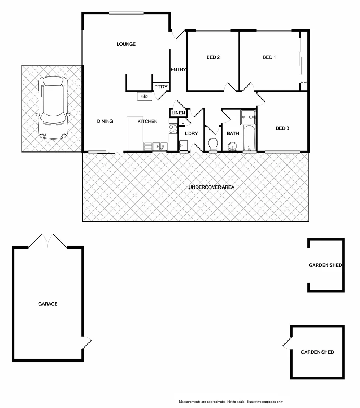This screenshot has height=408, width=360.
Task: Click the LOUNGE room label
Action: (x=126, y=44)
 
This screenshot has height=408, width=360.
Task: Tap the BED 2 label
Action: (x=213, y=57)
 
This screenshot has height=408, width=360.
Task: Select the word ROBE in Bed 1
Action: (x=304, y=82)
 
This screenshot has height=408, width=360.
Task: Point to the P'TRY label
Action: (x=161, y=87)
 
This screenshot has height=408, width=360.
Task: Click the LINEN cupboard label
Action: (x=178, y=113)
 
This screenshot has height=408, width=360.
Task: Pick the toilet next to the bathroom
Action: (x=213, y=144)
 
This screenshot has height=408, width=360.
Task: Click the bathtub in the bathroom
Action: (x=250, y=138)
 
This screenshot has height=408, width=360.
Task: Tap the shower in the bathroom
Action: (x=248, y=117)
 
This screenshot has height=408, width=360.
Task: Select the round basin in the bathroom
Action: (x=232, y=146)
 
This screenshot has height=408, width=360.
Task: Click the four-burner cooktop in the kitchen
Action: (x=173, y=129)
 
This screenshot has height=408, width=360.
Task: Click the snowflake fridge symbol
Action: (x=144, y=96)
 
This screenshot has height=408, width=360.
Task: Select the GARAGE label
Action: (x=48, y=304)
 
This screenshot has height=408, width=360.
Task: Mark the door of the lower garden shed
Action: (x=287, y=343)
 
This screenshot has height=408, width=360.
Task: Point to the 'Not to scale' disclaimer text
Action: (x=236, y=402)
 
